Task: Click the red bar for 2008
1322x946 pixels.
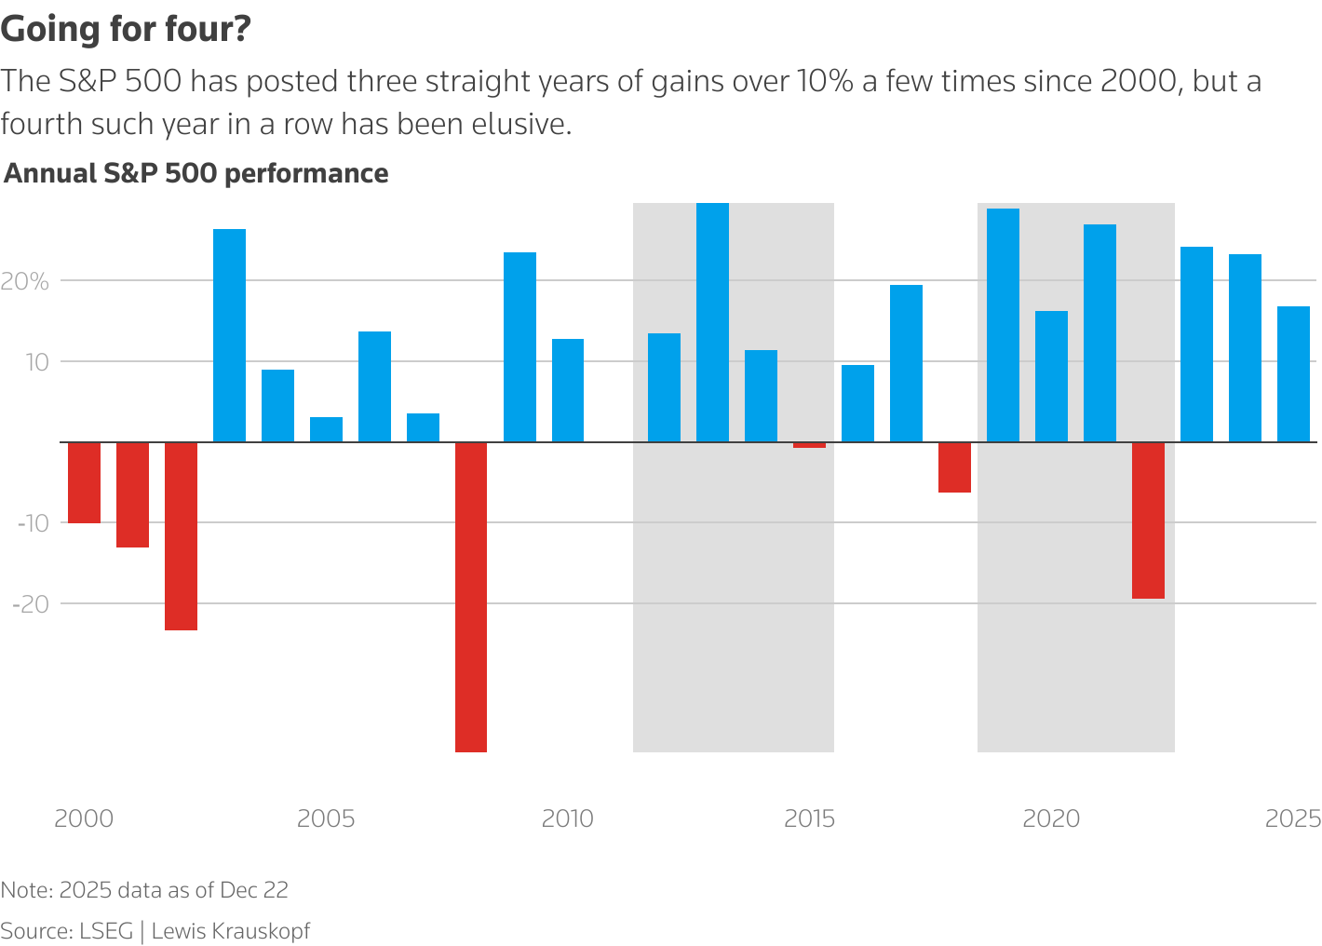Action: coord(471,596)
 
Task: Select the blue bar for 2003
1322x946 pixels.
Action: coord(229,335)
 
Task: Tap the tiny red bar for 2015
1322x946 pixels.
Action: coord(809,445)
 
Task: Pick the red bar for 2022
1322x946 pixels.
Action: coord(1148,520)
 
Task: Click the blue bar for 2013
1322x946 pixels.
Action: coord(712,322)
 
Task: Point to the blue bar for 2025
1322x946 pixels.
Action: coord(1293,374)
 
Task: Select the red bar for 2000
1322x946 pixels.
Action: coord(84,482)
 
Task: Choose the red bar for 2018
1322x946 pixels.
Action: coord(954,466)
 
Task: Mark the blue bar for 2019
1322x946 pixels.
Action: coord(1003,325)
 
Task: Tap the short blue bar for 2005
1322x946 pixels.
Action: coord(326,429)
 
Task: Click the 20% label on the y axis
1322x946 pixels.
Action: coord(25,281)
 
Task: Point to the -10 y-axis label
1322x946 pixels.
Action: coord(33,523)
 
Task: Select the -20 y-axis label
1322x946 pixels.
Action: coord(31,604)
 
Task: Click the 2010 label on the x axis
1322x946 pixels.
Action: coord(567,819)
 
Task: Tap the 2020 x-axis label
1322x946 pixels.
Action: coord(1051,819)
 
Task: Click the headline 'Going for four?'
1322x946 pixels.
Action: coord(126,30)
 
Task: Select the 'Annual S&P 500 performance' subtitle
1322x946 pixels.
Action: coord(196,174)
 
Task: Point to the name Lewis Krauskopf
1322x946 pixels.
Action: coord(230,931)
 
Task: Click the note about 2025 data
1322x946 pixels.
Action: coord(144,890)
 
